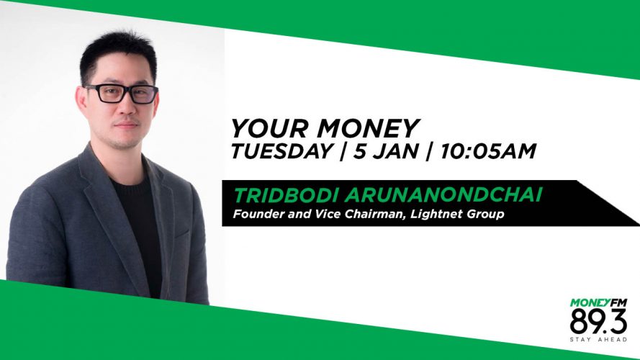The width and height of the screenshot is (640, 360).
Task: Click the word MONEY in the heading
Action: tap(368, 128)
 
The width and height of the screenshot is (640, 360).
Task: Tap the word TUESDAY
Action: tap(281, 151)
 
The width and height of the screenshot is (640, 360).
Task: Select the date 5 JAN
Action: tap(386, 151)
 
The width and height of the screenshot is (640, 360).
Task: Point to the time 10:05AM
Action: tap(488, 151)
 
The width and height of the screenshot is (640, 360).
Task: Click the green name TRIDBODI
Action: tap(287, 195)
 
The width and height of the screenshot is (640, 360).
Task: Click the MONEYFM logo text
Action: tap(598, 303)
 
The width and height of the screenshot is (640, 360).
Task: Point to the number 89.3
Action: tap(598, 322)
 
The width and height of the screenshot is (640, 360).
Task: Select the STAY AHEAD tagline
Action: tap(598, 340)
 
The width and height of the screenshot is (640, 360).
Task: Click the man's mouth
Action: tap(126, 125)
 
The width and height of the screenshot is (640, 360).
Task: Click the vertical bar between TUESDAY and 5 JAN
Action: tap(342, 151)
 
